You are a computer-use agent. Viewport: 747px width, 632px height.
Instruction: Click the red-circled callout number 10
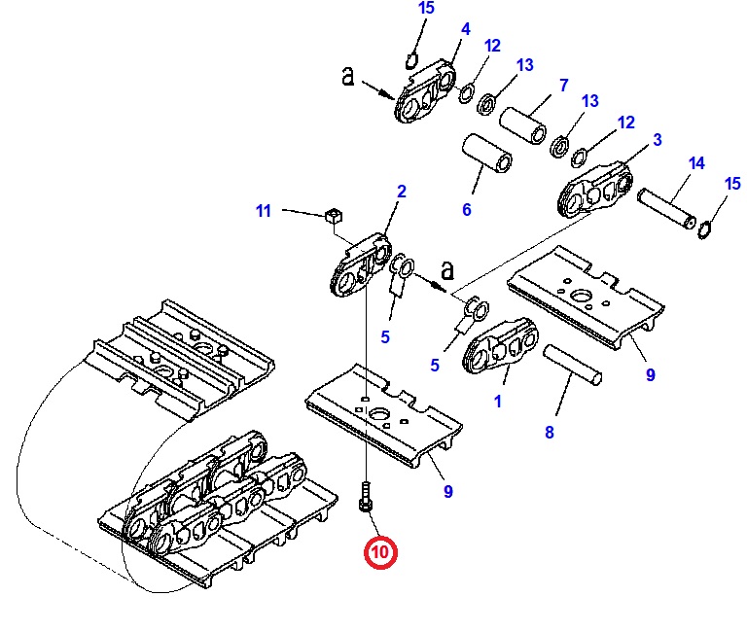[x=380, y=552]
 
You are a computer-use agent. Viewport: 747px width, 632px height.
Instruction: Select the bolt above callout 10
[x=366, y=497]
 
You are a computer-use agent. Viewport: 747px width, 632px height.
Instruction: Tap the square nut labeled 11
[x=333, y=216]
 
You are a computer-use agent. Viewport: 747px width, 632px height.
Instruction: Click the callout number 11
[x=264, y=211]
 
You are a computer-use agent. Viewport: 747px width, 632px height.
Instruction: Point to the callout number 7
[x=563, y=86]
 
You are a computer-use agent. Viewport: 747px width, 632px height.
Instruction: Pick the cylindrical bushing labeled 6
[x=487, y=154]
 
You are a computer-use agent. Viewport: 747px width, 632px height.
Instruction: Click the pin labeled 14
[x=667, y=209]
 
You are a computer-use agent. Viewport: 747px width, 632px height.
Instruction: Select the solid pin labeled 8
[x=572, y=365]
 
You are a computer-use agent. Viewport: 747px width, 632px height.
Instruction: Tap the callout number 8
[x=550, y=432]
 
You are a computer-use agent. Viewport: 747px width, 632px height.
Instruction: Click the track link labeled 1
[x=500, y=346]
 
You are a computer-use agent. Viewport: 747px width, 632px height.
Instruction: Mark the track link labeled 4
[x=424, y=92]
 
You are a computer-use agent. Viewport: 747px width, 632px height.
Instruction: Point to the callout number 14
[x=696, y=163]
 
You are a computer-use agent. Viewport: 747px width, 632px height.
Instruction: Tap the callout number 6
[x=467, y=210]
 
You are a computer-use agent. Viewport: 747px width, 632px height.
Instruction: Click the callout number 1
[x=498, y=402]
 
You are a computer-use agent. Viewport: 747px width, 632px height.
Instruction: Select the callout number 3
[x=658, y=140]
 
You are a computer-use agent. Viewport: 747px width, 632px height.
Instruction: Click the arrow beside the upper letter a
[x=377, y=90]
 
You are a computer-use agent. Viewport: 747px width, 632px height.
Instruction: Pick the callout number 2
[x=402, y=192]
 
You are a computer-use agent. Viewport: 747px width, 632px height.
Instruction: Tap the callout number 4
[x=466, y=29]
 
